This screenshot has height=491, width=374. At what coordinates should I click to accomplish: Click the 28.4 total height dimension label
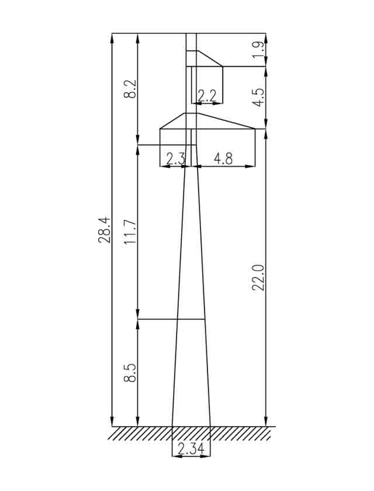coord(104,230)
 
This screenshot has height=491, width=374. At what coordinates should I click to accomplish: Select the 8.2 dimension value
coord(130,89)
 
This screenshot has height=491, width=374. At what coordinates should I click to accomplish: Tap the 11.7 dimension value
coord(130,232)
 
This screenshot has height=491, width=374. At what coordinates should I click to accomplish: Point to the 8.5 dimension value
coord(130,373)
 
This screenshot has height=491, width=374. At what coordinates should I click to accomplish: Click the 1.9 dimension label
coord(258,50)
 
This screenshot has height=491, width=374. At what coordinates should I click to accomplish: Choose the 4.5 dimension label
coord(258,98)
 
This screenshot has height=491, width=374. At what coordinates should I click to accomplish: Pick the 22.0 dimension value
coord(258,278)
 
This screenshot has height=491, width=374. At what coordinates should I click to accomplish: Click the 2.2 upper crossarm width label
coord(207,95)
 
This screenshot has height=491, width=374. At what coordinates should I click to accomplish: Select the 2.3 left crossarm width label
coord(176,159)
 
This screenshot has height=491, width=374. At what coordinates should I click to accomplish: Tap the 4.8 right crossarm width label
coord(223,159)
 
